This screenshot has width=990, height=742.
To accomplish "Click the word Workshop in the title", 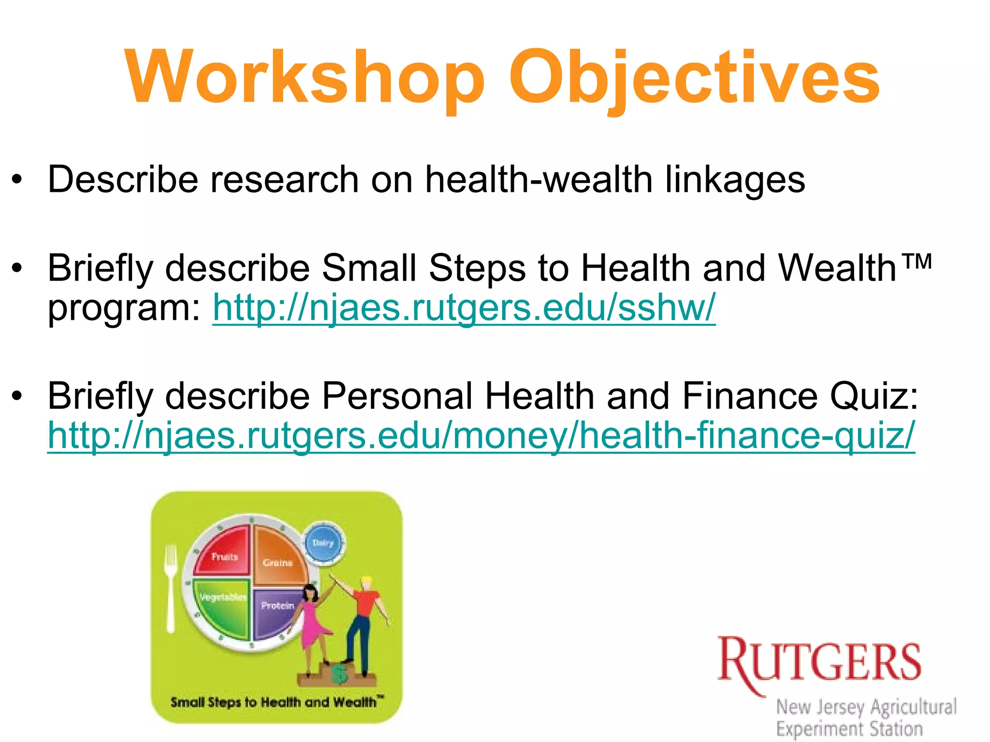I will click(305, 77).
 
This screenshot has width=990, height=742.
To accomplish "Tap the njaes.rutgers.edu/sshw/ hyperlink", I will click(464, 308).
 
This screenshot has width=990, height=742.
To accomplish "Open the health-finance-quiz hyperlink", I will click(481, 436).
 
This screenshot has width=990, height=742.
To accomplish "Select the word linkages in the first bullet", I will click(735, 180).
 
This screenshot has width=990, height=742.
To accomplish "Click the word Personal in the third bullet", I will click(397, 396).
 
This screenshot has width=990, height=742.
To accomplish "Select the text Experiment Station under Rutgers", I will click(849, 728).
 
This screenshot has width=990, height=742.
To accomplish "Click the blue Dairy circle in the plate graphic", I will click(323, 543).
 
